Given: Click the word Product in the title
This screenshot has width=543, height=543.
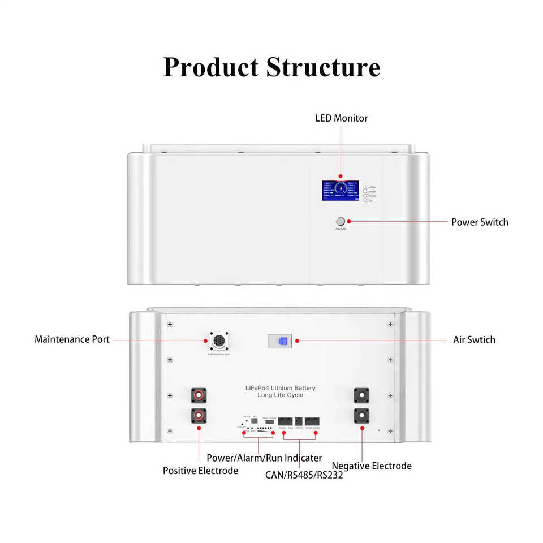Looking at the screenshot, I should pos(212,67).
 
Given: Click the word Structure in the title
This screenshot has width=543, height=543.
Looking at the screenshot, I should pos(323,67).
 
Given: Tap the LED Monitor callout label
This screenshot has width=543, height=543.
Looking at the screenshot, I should pos(341,118).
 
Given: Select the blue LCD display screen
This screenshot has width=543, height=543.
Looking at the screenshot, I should pos(340,191).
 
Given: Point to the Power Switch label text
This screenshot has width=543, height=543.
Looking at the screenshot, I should pos(480,222).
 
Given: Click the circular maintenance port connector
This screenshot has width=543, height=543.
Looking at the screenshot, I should pos(218,341).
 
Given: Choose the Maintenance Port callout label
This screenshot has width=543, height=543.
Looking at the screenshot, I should pos(72,339).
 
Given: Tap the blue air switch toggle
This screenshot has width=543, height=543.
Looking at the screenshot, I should pos(283,341).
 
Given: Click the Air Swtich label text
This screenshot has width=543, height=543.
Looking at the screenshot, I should pos(474,340).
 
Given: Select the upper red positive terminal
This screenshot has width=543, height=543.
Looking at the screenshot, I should pos(199,395).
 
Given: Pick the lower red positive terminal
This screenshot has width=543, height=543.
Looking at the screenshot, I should pos(199,416).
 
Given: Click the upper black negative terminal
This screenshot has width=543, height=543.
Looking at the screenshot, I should pos(361,395).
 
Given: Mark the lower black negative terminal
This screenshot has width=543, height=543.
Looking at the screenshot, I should pos(361,416).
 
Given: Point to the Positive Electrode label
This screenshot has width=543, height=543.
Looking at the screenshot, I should pos(200,471).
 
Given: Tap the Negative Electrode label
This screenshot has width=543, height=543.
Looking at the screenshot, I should pos(372,466).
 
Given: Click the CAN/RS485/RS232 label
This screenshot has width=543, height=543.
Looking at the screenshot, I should pos(304,475).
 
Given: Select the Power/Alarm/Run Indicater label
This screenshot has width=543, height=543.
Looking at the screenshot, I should pos(264,458).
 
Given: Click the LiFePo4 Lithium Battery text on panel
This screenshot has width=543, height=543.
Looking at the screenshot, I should pos(281,388).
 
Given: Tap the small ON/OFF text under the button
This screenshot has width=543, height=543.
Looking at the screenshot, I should pos(341,229).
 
